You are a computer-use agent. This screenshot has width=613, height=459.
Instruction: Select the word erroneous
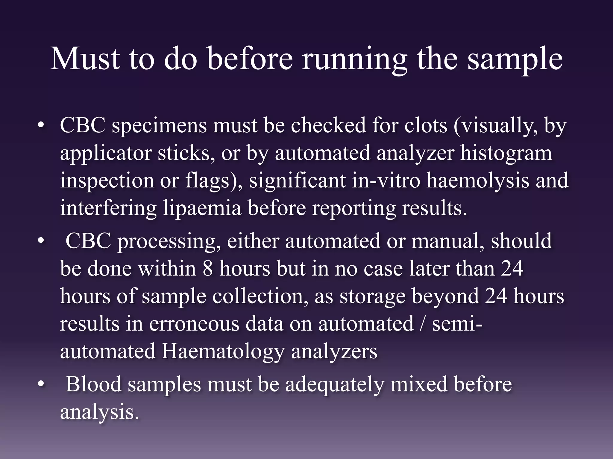click(x=194, y=324)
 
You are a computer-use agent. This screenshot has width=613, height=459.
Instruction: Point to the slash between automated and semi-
click(x=422, y=324)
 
